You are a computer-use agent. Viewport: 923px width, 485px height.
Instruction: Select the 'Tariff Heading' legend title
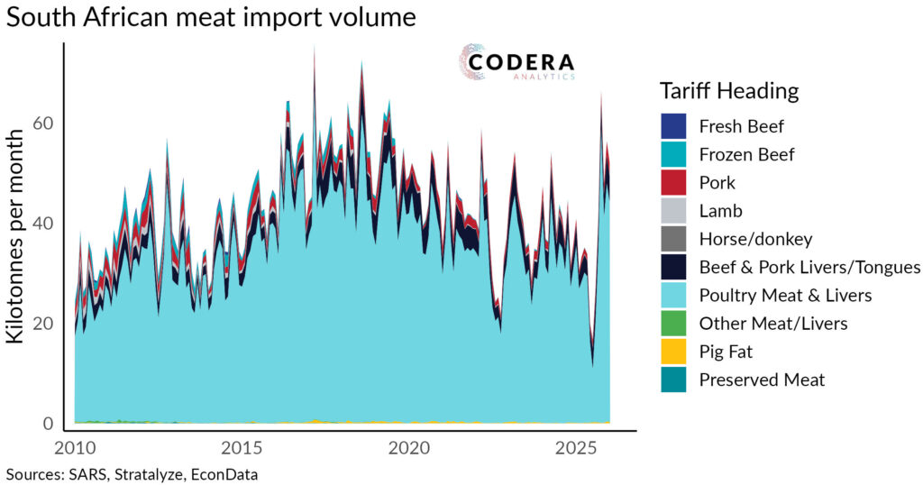point(729,91)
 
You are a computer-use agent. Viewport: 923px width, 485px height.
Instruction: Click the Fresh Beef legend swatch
point(673,126)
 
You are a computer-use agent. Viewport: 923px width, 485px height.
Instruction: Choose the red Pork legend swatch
point(673,182)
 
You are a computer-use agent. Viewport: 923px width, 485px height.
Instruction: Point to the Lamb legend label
point(718,211)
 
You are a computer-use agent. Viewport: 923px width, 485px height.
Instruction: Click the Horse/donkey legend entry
point(755,239)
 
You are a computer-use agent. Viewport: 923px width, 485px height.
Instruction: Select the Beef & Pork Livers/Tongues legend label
point(809,267)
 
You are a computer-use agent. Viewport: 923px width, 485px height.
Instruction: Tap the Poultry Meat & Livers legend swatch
point(673,295)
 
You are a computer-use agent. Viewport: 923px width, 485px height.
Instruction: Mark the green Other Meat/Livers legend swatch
point(673,324)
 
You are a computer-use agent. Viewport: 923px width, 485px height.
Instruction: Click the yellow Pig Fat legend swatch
point(673,352)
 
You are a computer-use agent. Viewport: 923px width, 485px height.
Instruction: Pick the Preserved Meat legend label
point(762,380)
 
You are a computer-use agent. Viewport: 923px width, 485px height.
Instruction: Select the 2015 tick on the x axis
point(242,448)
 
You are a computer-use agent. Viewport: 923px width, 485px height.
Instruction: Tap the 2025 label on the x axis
point(577,448)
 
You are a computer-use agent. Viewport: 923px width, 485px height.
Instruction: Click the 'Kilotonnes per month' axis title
point(16,236)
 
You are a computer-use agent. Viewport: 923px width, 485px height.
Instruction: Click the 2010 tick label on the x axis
point(74,448)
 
